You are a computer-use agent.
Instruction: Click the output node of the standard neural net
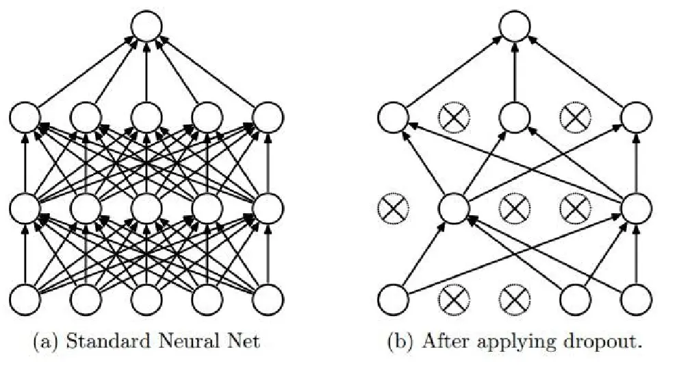(x=146, y=26)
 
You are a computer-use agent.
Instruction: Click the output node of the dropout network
(x=515, y=26)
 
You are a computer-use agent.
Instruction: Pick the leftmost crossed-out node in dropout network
(x=393, y=208)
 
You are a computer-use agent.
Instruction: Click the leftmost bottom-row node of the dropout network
(x=393, y=300)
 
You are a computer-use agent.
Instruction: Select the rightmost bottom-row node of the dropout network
(x=636, y=300)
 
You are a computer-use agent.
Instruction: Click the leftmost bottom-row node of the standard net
(x=25, y=300)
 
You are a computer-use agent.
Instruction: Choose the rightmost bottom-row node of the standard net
(x=268, y=300)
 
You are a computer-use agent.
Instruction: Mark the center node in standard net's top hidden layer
(x=146, y=117)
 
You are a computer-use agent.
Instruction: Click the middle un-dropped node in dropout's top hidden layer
(x=515, y=117)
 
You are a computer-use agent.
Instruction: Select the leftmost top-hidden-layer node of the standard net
(x=25, y=117)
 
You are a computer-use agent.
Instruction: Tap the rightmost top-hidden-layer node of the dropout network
(x=636, y=117)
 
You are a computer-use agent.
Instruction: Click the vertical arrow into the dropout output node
(x=515, y=71)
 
